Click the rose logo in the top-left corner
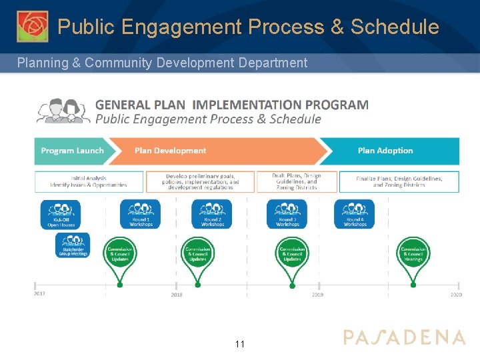coord(32,27)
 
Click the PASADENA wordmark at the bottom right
coord(404,337)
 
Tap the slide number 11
coord(240,344)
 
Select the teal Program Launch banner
coord(72,151)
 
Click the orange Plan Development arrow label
coord(171,151)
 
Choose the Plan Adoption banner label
coord(385,151)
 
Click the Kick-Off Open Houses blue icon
coord(60,214)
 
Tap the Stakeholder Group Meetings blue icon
coord(73,245)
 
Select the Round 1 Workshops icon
coord(141,214)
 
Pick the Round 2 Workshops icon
coord(212,214)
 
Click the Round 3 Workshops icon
coord(287,214)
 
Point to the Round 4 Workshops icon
coord(355,214)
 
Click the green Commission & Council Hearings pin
coord(413,255)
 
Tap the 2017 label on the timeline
coord(41,294)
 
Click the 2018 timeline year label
coord(177,294)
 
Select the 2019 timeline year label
coord(318,294)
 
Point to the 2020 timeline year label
coord(455,294)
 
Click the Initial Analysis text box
coord(89,181)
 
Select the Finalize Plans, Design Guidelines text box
coord(399,181)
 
